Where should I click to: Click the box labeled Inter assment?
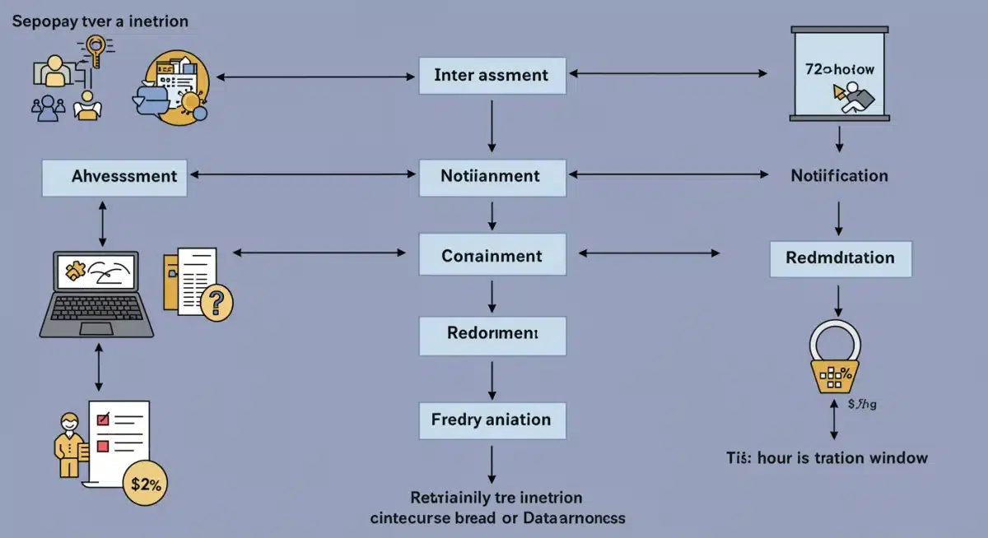[x=492, y=76]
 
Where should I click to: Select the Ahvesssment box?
[x=114, y=177]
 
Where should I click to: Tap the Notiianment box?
[x=492, y=176]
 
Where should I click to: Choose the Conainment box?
[x=492, y=256]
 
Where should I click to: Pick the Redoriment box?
[x=492, y=334]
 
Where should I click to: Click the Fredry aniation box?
[x=492, y=420]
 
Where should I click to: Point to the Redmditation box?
[x=840, y=258]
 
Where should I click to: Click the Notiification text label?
[x=839, y=176]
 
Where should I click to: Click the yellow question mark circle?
[x=216, y=304]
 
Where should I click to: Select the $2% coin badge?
[x=146, y=485]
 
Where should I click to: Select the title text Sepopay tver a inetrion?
[x=100, y=21]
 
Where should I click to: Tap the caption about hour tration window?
[x=826, y=458]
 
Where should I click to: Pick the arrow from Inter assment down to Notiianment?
[x=492, y=126]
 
